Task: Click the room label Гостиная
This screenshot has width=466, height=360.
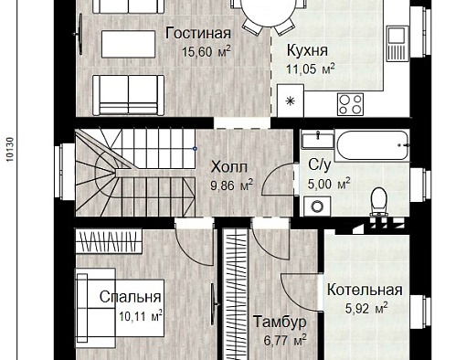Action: [198, 33]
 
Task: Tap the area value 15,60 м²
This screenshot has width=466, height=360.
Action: [206, 51]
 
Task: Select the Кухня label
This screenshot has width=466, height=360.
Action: [307, 50]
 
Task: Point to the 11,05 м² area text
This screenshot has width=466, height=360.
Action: [310, 69]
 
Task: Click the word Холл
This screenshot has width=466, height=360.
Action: [229, 167]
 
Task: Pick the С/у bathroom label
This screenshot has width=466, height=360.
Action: [319, 164]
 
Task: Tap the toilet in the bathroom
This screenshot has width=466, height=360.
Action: [378, 202]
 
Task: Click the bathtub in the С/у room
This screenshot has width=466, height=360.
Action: [372, 145]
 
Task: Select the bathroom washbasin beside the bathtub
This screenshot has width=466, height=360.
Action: [317, 140]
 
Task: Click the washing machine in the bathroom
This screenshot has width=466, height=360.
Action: [317, 206]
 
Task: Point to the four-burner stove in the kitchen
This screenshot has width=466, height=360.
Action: [350, 104]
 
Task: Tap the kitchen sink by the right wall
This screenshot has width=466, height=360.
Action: [397, 43]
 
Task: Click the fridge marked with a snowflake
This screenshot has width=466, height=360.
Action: [291, 101]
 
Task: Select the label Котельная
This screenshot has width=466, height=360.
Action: [365, 290]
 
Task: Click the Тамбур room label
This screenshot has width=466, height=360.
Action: [280, 323]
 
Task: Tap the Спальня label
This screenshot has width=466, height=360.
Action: [130, 297]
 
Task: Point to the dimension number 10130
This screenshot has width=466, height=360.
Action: [10, 149]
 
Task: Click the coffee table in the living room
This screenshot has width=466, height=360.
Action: [128, 44]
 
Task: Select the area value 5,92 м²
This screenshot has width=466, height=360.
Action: [366, 308]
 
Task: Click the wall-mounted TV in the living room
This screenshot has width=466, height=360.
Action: [79, 34]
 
